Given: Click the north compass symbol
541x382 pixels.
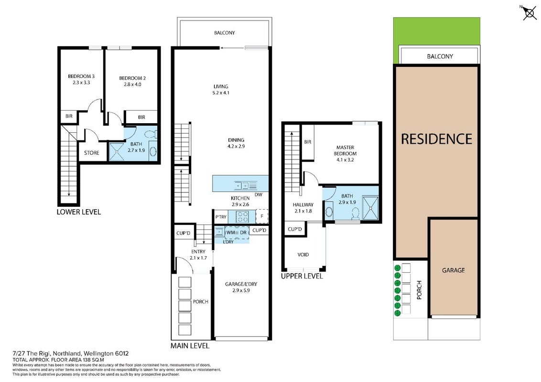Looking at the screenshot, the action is [529, 12].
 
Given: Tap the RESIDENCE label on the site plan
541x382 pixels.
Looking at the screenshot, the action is [436, 139].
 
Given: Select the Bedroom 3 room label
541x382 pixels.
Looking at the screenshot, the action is [81, 76].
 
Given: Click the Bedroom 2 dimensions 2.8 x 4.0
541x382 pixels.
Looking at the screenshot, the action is [132, 84].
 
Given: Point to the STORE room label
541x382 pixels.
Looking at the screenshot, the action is [91, 153].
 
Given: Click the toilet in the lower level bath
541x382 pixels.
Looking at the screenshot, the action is [151, 134].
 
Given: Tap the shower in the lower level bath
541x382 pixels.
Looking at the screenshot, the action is [117, 151].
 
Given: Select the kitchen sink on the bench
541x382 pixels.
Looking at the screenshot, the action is [245, 185].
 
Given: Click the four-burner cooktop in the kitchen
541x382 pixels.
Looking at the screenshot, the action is [242, 216].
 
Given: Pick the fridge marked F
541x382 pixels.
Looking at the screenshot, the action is [262, 216].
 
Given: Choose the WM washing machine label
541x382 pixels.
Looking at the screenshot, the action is [230, 233].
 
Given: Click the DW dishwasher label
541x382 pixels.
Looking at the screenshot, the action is [259, 195].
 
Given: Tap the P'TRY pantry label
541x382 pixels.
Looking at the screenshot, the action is [221, 217].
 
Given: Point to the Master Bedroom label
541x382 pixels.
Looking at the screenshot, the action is [345, 150].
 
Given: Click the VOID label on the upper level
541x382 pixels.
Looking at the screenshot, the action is [303, 255].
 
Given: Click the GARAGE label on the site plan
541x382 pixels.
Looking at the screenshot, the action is [453, 270].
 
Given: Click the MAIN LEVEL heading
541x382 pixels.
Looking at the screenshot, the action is [190, 345].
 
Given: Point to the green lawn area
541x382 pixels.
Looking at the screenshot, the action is [436, 32].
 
